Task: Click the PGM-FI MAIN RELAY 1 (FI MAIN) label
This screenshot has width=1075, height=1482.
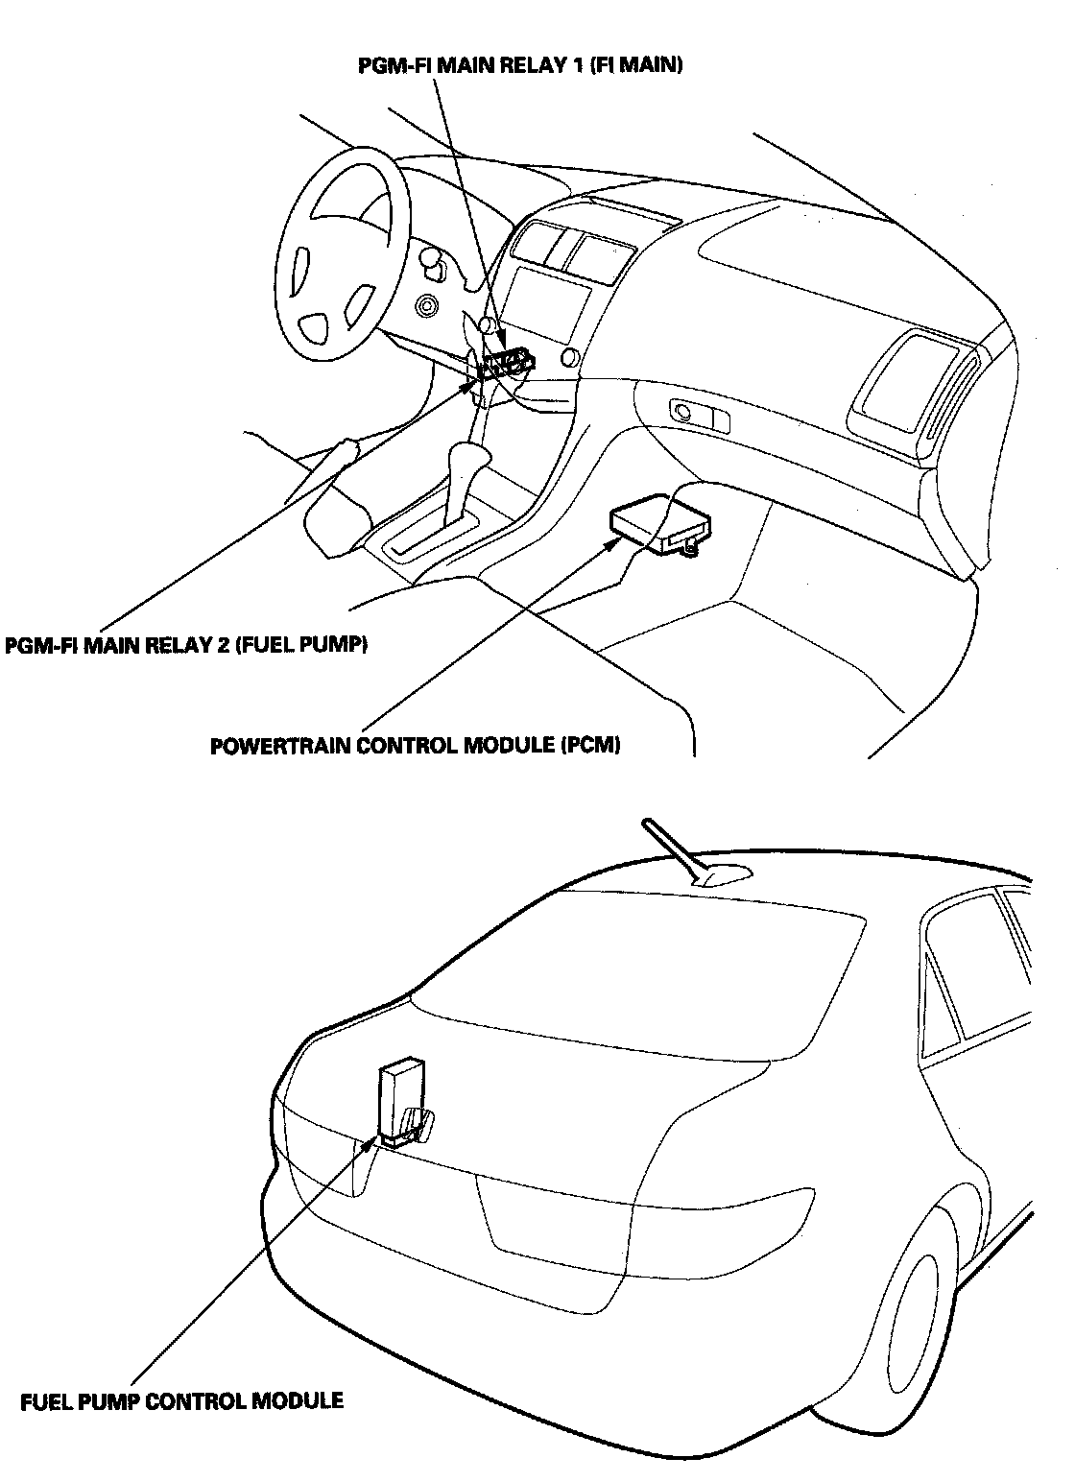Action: [x=519, y=66]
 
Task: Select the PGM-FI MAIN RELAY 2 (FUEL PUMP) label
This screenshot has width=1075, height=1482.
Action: [x=187, y=645]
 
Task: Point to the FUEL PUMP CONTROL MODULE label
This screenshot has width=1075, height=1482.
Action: [x=181, y=1401]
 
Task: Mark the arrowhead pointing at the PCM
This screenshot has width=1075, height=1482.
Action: [x=611, y=542]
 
